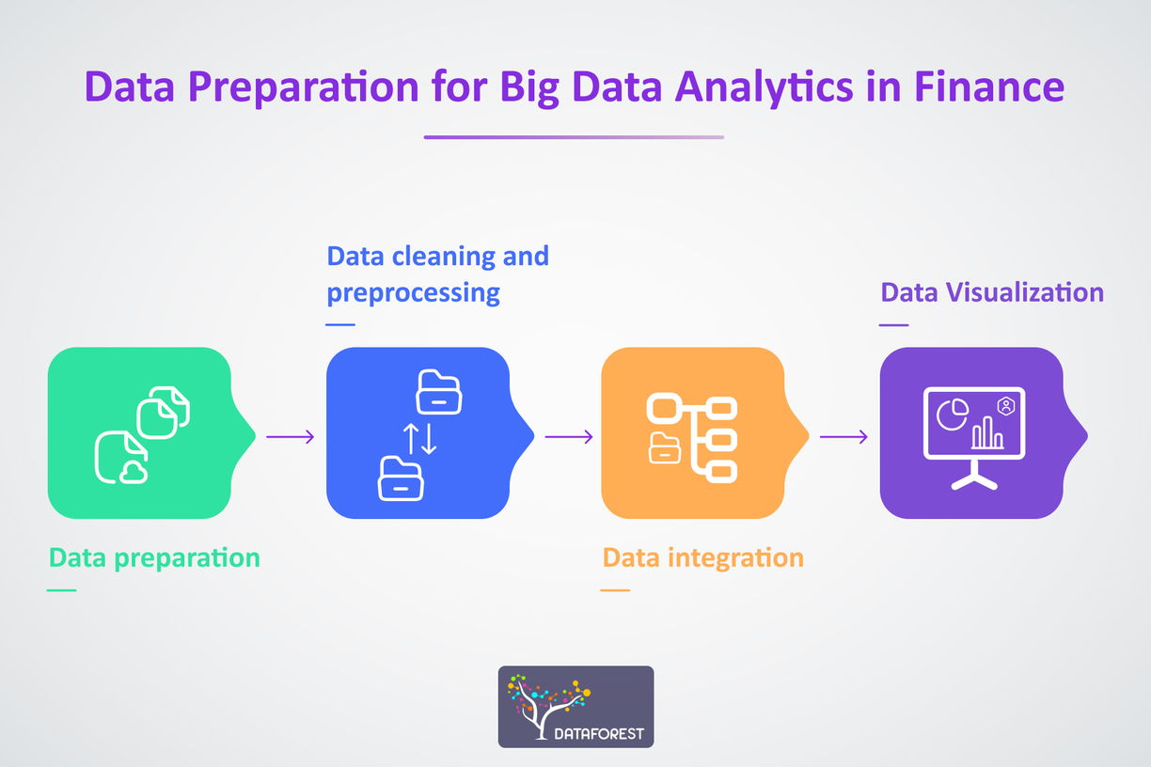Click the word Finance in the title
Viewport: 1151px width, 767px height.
(x=989, y=86)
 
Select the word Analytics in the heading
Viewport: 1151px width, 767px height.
(x=765, y=88)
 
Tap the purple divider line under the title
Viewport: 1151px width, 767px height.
(x=574, y=137)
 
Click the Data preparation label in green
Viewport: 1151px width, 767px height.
(x=154, y=558)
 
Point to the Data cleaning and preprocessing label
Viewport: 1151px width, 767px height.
(x=438, y=274)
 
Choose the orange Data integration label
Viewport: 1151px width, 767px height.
(x=703, y=557)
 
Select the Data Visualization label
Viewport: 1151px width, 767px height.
(x=992, y=291)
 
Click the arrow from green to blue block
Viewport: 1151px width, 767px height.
(x=291, y=437)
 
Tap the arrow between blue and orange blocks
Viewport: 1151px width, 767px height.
(x=569, y=437)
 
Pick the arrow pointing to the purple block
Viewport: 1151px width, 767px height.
(x=844, y=437)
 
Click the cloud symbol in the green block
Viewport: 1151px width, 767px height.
(x=134, y=473)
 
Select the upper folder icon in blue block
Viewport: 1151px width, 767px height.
(x=438, y=391)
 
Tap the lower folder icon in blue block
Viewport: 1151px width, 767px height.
(x=401, y=478)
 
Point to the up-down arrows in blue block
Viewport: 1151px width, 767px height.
(x=419, y=439)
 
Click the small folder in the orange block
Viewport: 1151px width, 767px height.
(x=665, y=448)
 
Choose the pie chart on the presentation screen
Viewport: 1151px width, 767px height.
(x=953, y=415)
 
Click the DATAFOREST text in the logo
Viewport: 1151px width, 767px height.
(x=599, y=733)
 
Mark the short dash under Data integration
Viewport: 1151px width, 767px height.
(x=615, y=590)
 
